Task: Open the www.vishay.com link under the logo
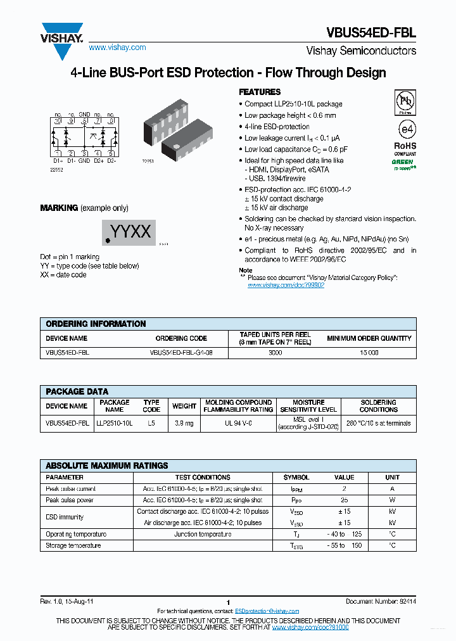[117, 48]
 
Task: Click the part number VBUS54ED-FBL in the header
[371, 33]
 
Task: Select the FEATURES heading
[260, 92]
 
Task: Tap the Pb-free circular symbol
[405, 101]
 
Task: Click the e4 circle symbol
[405, 129]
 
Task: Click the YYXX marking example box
[129, 232]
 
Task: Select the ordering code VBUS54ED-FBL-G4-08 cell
[180, 352]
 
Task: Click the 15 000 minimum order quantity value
[369, 352]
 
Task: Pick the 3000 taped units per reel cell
[275, 352]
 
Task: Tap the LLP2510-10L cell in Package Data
[115, 423]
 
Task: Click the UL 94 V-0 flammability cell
[239, 423]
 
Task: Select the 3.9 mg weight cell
[184, 423]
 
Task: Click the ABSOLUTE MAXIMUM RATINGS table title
[107, 466]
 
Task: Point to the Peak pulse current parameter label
[70, 489]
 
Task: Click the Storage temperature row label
[73, 545]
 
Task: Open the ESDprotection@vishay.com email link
[267, 611]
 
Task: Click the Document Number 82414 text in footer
[381, 602]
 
